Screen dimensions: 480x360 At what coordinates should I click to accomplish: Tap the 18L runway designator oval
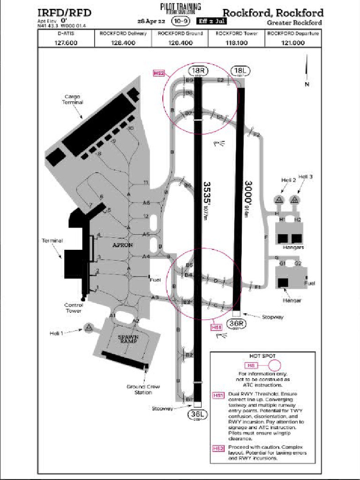241,71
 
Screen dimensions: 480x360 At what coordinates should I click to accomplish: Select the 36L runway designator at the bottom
197,414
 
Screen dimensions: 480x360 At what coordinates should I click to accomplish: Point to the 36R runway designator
236,323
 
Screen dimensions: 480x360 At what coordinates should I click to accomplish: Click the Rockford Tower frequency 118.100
236,43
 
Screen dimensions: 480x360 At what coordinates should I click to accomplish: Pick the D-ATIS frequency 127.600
66,43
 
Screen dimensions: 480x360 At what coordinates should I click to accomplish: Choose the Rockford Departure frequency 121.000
293,43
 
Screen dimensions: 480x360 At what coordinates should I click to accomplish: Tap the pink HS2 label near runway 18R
159,73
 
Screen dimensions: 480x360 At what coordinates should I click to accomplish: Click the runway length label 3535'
206,190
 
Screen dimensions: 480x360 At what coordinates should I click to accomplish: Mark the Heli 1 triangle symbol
88,328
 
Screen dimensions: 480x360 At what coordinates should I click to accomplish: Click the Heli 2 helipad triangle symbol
279,200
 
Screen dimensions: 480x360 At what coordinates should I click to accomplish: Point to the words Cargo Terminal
73,99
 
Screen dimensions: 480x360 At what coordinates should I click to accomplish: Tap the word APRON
123,245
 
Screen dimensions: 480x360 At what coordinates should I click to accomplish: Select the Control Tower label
74,307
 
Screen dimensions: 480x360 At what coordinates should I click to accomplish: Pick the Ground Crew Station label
143,390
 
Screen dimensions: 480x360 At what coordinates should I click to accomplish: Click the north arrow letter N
307,84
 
